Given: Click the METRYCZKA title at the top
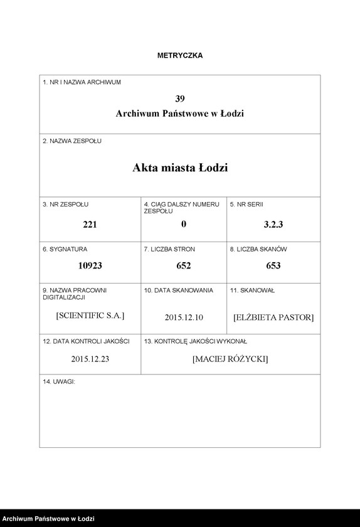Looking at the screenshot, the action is pyautogui.click(x=179, y=55).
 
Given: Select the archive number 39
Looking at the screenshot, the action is pyautogui.click(x=180, y=98).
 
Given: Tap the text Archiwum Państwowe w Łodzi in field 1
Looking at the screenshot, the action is pyautogui.click(x=180, y=114).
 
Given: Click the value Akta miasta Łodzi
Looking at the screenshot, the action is pyautogui.click(x=180, y=168).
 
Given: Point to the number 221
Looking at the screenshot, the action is pyautogui.click(x=90, y=225).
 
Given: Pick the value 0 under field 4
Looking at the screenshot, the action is pyautogui.click(x=184, y=224).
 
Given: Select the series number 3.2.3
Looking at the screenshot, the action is pyautogui.click(x=273, y=225).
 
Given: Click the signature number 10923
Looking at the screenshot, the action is pyautogui.click(x=90, y=265).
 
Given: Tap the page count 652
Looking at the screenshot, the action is pyautogui.click(x=184, y=265).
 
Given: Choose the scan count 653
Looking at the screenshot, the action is pyautogui.click(x=273, y=265).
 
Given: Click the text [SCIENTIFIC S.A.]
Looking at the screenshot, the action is pyautogui.click(x=90, y=316).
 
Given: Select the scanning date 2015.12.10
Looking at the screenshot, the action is pyautogui.click(x=184, y=317).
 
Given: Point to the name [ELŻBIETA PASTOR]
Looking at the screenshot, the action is pyautogui.click(x=273, y=317).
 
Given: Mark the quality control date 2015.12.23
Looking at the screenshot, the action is pyautogui.click(x=90, y=359).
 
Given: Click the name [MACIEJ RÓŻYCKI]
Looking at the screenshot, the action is pyautogui.click(x=230, y=359).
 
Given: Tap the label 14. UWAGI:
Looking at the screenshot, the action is pyautogui.click(x=59, y=381).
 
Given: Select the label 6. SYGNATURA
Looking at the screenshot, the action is pyautogui.click(x=65, y=249).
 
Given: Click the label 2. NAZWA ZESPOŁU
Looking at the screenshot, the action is pyautogui.click(x=71, y=141).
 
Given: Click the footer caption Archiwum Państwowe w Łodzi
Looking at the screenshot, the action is pyautogui.click(x=48, y=519).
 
